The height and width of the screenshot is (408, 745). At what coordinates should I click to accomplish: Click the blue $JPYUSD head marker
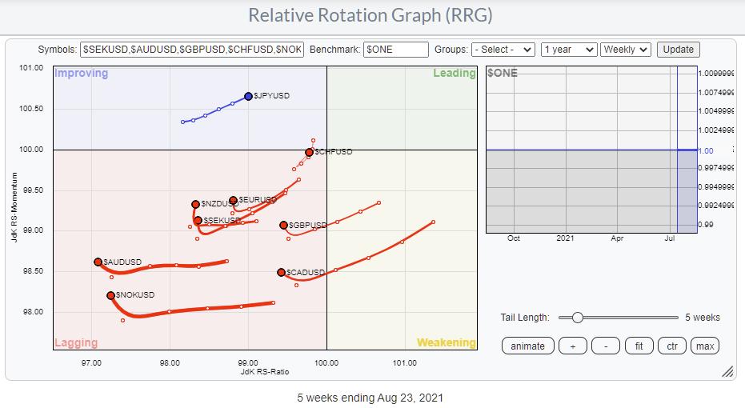pos(248,96)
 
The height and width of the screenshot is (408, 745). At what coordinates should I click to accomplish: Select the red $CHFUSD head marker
pos(309,152)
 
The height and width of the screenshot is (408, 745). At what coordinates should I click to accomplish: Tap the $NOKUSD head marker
pos(110,295)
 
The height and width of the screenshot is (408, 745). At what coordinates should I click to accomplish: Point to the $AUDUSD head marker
pos(98,262)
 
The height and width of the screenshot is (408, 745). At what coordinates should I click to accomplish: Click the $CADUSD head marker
pos(281,273)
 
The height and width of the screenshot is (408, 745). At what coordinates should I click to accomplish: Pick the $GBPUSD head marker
pos(283,226)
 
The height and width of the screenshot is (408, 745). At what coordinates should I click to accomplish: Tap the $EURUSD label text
pos(257,199)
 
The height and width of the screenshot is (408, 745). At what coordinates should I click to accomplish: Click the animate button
pos(527,346)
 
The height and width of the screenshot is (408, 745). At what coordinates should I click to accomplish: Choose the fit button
pos(639,346)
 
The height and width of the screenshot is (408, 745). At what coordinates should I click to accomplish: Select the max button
pos(705,346)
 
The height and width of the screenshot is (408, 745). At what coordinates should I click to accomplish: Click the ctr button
pos(671,346)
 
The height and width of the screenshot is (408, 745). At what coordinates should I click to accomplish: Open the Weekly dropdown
pos(625,50)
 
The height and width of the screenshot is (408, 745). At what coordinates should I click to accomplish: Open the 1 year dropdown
pos(568,50)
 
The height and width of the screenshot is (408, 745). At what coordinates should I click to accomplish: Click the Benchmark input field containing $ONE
pos(396,50)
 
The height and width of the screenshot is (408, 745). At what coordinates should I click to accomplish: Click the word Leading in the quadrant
pos(454,74)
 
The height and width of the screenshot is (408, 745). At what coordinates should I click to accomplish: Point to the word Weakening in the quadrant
pos(446,342)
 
